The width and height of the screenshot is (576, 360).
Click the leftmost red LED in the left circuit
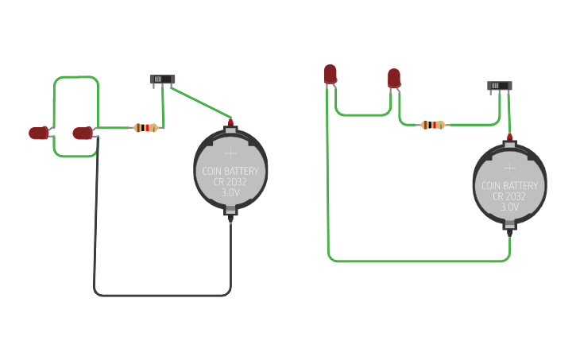click(38, 133)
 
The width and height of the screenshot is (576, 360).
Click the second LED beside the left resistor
click(82, 133)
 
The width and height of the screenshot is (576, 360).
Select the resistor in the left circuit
click(145, 127)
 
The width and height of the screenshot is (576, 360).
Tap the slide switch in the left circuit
click(162, 79)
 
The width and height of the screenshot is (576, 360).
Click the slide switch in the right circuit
click(499, 85)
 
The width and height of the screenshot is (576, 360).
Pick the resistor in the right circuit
click(432, 125)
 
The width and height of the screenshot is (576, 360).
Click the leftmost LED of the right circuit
click(331, 74)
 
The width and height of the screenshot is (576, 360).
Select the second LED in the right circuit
click(394, 77)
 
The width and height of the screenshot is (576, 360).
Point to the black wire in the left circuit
click(159, 295)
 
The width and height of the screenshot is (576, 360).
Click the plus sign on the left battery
click(230, 153)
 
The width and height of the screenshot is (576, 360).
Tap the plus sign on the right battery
click(509, 167)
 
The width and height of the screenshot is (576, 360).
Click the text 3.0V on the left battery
click(230, 192)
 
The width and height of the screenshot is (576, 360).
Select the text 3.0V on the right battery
click(509, 207)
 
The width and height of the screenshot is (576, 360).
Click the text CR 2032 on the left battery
click(230, 182)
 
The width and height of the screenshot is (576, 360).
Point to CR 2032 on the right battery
click(509, 196)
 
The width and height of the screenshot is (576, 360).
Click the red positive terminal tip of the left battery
click(230, 122)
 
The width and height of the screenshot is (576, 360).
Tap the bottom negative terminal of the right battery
click(509, 227)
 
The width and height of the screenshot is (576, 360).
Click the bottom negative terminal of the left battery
click(230, 213)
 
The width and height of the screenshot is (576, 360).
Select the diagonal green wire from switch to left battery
click(199, 102)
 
